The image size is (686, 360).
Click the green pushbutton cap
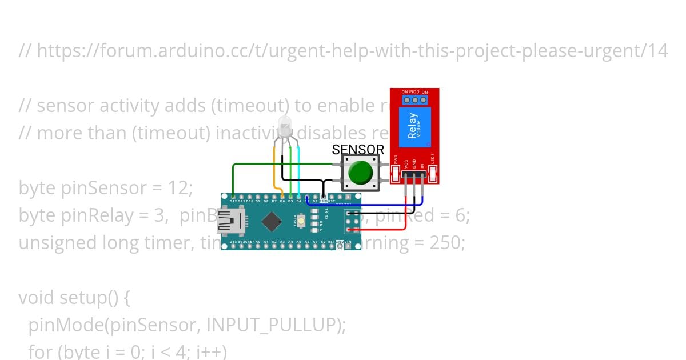click(360, 171)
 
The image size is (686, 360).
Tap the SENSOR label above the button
click(358, 150)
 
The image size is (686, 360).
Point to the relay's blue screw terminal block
click(415, 100)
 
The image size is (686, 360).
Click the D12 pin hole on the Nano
click(233, 197)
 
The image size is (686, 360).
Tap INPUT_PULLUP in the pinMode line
click(275, 325)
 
